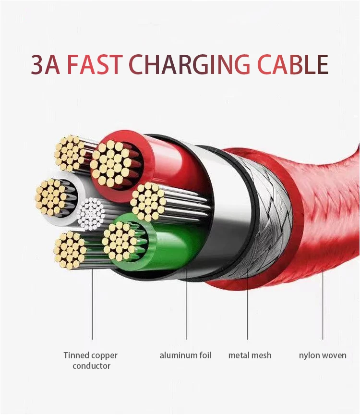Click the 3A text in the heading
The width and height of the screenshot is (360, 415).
coord(47,64)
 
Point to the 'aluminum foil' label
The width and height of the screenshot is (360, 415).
coord(185,355)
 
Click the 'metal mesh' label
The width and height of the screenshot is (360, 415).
coord(250,355)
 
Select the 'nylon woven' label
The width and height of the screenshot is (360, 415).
coord(323,355)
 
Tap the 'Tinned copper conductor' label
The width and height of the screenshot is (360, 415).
coord(91,361)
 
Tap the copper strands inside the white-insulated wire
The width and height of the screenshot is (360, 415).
coord(51,197)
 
